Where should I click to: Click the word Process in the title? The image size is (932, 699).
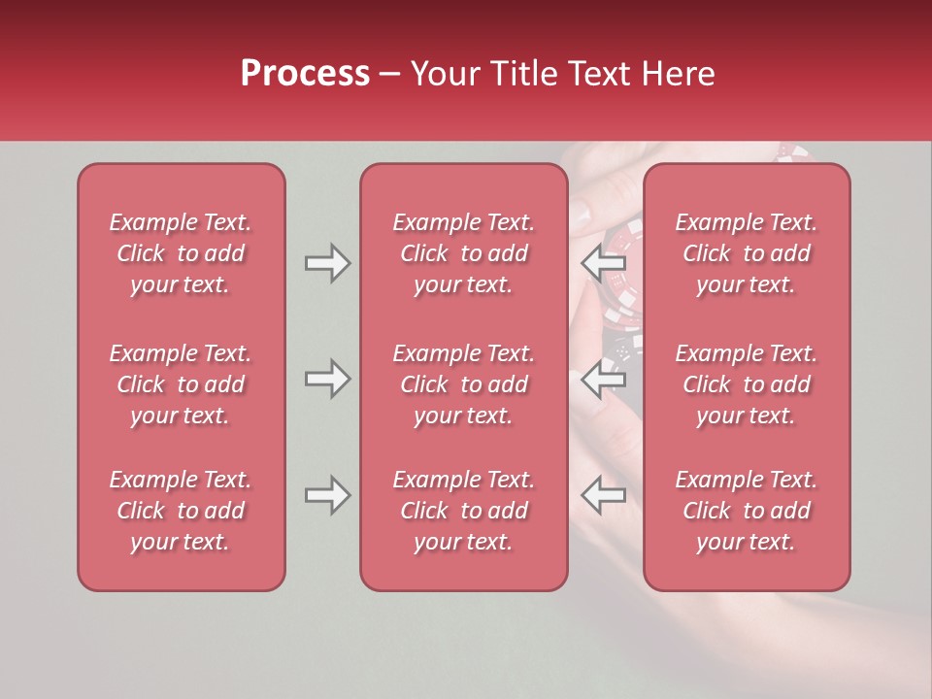tap(305, 74)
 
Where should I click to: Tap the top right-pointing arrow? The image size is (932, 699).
tap(327, 263)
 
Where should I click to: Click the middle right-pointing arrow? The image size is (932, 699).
tap(327, 379)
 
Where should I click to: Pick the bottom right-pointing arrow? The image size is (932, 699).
tap(327, 495)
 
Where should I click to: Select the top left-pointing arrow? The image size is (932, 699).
tap(603, 263)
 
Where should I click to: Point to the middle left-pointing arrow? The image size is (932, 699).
tap(603, 379)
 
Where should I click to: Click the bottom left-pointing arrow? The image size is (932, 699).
tap(603, 495)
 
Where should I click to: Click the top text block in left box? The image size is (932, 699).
tap(181, 253)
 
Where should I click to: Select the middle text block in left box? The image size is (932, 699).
tap(181, 384)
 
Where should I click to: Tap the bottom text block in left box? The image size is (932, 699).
tap(181, 511)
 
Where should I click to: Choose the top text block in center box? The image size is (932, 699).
tap(463, 253)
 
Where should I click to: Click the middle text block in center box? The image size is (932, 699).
tap(463, 384)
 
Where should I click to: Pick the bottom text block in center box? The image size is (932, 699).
tap(463, 511)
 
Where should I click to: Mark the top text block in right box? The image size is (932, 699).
tap(746, 253)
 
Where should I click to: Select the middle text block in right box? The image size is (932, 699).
tap(746, 384)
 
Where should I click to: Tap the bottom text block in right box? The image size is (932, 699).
tap(746, 511)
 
